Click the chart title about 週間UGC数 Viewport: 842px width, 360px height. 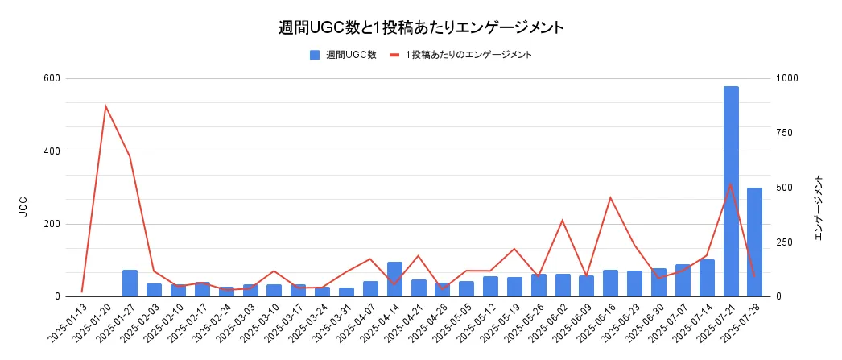click(x=420, y=27)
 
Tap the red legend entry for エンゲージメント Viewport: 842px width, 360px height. click(x=467, y=55)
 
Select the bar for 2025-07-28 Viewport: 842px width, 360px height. click(x=755, y=242)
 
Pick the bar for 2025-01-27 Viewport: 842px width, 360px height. click(x=130, y=283)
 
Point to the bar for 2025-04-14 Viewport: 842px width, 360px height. click(x=394, y=279)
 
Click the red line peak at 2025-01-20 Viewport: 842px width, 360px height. click(x=106, y=106)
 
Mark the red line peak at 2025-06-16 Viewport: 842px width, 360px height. click(x=610, y=197)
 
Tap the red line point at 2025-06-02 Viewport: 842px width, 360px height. click(x=563, y=220)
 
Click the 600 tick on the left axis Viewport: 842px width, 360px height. click(x=52, y=78)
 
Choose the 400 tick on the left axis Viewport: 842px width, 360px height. click(x=52, y=151)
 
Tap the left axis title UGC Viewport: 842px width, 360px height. click(x=23, y=206)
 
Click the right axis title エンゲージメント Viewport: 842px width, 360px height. click(x=819, y=206)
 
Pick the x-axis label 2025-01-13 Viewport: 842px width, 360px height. click(x=70, y=322)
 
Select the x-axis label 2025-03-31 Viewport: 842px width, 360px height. click(x=334, y=322)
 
